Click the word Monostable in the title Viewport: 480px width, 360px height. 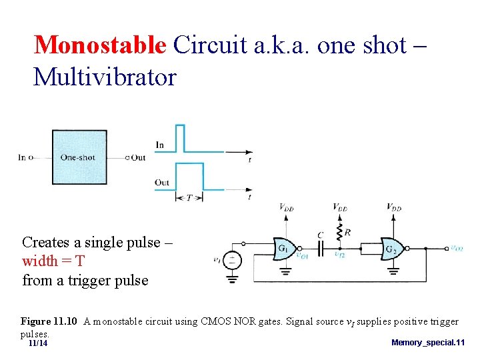99,45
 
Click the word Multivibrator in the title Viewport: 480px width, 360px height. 105,77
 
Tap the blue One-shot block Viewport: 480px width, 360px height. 79,157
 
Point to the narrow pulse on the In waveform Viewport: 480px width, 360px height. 180,138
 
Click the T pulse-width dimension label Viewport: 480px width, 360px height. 189,197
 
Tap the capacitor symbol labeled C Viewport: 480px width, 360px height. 321,248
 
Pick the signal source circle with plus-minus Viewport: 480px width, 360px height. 232,259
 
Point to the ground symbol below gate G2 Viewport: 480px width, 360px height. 393,271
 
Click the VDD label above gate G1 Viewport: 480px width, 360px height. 287,208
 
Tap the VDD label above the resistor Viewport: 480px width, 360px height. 340,208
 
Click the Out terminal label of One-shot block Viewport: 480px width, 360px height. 138,158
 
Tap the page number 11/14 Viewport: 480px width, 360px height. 38,343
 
